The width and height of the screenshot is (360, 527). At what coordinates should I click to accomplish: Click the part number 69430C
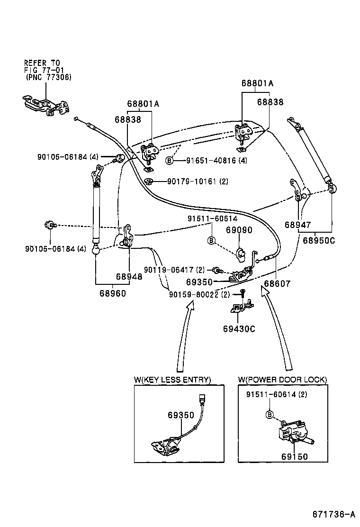click(x=239, y=328)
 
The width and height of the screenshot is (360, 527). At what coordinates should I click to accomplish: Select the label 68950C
click(x=318, y=240)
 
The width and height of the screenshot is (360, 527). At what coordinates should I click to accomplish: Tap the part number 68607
click(x=277, y=283)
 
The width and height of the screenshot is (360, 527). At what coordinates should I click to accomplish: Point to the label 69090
click(x=239, y=230)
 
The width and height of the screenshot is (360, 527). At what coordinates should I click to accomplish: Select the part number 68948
click(x=129, y=276)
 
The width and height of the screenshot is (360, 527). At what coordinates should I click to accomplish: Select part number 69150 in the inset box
click(x=294, y=457)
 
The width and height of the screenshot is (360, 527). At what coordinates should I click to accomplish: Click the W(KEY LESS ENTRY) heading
click(x=172, y=380)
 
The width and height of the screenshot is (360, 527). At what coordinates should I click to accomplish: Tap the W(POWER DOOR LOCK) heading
click(x=282, y=380)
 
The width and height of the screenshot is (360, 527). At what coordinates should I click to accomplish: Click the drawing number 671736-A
click(x=333, y=515)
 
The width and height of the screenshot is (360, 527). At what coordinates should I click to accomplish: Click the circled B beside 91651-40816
click(x=169, y=161)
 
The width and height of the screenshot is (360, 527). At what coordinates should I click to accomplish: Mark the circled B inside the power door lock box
click(x=270, y=415)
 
